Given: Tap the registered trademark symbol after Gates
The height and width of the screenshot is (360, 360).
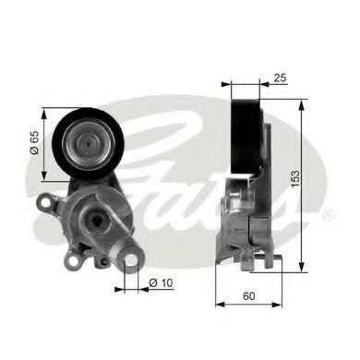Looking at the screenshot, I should pos(328,215).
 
